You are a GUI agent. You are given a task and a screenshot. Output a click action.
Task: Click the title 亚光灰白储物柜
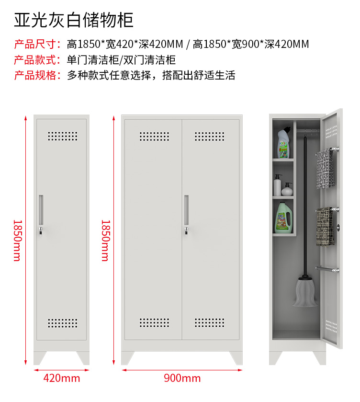74,20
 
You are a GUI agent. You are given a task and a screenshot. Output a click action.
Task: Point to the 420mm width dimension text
61,378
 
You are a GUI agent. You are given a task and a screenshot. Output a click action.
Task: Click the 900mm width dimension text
182,378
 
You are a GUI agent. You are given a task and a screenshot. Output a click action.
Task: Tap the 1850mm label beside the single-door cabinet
17,241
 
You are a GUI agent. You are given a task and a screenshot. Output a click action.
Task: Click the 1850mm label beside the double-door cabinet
106,241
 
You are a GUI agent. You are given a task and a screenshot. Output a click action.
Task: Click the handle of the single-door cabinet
41,210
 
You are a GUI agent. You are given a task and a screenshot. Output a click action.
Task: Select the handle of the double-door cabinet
187,210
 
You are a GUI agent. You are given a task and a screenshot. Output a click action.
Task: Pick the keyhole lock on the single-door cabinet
41,230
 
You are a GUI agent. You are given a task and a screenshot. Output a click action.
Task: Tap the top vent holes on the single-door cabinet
63,136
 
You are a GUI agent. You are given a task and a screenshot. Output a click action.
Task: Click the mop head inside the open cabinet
305,292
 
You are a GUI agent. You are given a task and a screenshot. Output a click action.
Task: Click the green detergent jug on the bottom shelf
283,217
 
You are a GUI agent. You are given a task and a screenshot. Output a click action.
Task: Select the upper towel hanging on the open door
325,169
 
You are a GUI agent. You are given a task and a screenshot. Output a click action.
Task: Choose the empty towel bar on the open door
327,269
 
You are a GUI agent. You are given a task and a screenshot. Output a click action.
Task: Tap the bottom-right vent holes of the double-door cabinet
209,323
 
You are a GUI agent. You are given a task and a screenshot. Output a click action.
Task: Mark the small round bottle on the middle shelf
287,189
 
